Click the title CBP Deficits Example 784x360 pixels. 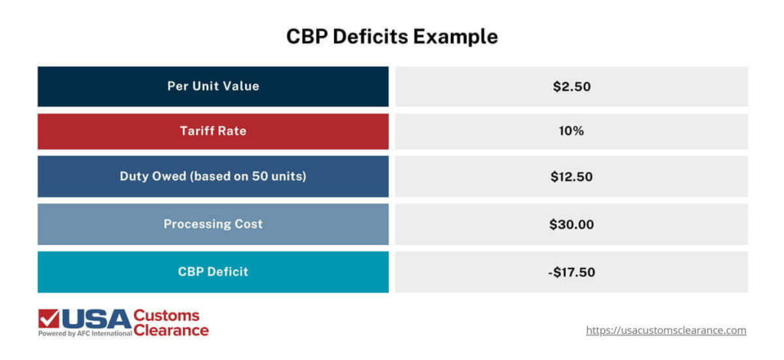click(391, 36)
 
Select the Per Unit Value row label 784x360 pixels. click(213, 86)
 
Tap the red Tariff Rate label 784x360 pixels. click(213, 131)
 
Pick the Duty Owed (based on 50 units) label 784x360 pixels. click(213, 176)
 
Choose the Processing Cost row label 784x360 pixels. click(213, 224)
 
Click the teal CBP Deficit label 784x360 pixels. click(213, 271)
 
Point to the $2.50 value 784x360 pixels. click(571, 87)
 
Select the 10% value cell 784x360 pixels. click(571, 131)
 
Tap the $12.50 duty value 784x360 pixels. click(571, 177)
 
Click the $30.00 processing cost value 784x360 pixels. click(571, 224)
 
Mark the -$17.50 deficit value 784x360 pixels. click(571, 272)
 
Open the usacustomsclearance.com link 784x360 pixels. click(665, 330)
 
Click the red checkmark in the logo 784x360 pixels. click(49, 318)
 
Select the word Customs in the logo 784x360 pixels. click(166, 315)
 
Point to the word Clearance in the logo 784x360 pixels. click(171, 330)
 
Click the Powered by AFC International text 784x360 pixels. click(84, 334)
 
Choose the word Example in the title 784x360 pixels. click(459, 36)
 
